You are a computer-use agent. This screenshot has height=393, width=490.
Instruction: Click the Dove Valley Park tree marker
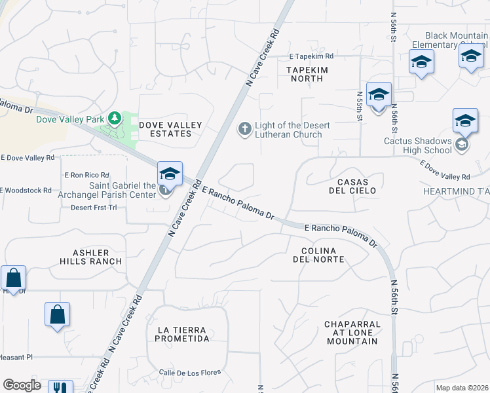(x=115, y=119)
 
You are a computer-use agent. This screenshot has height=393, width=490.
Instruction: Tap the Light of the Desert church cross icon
(x=245, y=129)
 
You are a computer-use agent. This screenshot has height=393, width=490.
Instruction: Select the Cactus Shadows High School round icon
(x=462, y=145)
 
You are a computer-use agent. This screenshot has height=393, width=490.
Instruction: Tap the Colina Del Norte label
(x=319, y=255)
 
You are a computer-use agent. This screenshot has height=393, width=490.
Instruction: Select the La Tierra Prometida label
(x=182, y=334)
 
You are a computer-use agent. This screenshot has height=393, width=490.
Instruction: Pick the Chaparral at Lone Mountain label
(x=352, y=332)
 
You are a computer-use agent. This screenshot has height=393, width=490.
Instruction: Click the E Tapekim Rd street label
(x=311, y=56)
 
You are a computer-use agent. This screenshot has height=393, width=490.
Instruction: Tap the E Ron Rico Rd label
(x=86, y=175)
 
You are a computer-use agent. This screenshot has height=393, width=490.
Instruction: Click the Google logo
(x=22, y=385)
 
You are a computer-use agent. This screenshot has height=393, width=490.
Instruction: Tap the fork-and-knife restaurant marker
(x=60, y=387)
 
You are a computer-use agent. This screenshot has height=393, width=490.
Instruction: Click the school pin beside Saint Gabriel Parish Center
(x=170, y=174)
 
